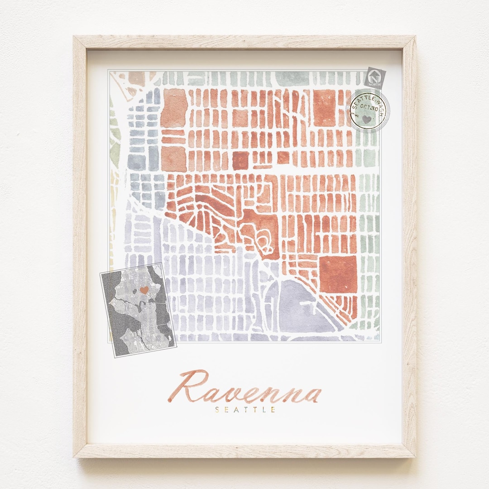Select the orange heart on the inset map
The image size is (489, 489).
[x=144, y=289]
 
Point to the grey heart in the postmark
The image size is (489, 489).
[x=366, y=119]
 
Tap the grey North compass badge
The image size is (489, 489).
[x=375, y=77]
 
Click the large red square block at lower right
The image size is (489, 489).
[x=338, y=274]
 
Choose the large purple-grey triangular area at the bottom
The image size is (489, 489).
[x=299, y=308]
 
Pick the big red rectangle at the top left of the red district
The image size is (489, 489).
[x=174, y=108]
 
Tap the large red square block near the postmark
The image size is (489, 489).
[x=324, y=107]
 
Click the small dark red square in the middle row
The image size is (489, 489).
[x=240, y=160]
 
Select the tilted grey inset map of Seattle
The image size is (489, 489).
[x=138, y=310]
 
